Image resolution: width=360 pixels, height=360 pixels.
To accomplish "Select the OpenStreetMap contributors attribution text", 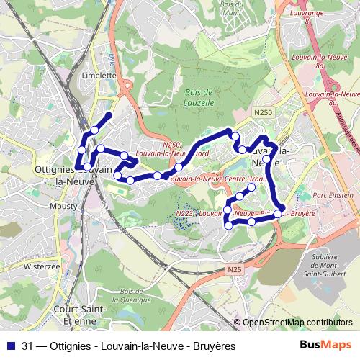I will click(x=297, y=323).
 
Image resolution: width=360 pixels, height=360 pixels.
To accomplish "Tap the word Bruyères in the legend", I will click(x=211, y=346).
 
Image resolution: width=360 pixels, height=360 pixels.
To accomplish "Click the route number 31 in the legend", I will click(x=28, y=346).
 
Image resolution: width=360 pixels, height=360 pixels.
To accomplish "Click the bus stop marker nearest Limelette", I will click(x=94, y=130).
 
